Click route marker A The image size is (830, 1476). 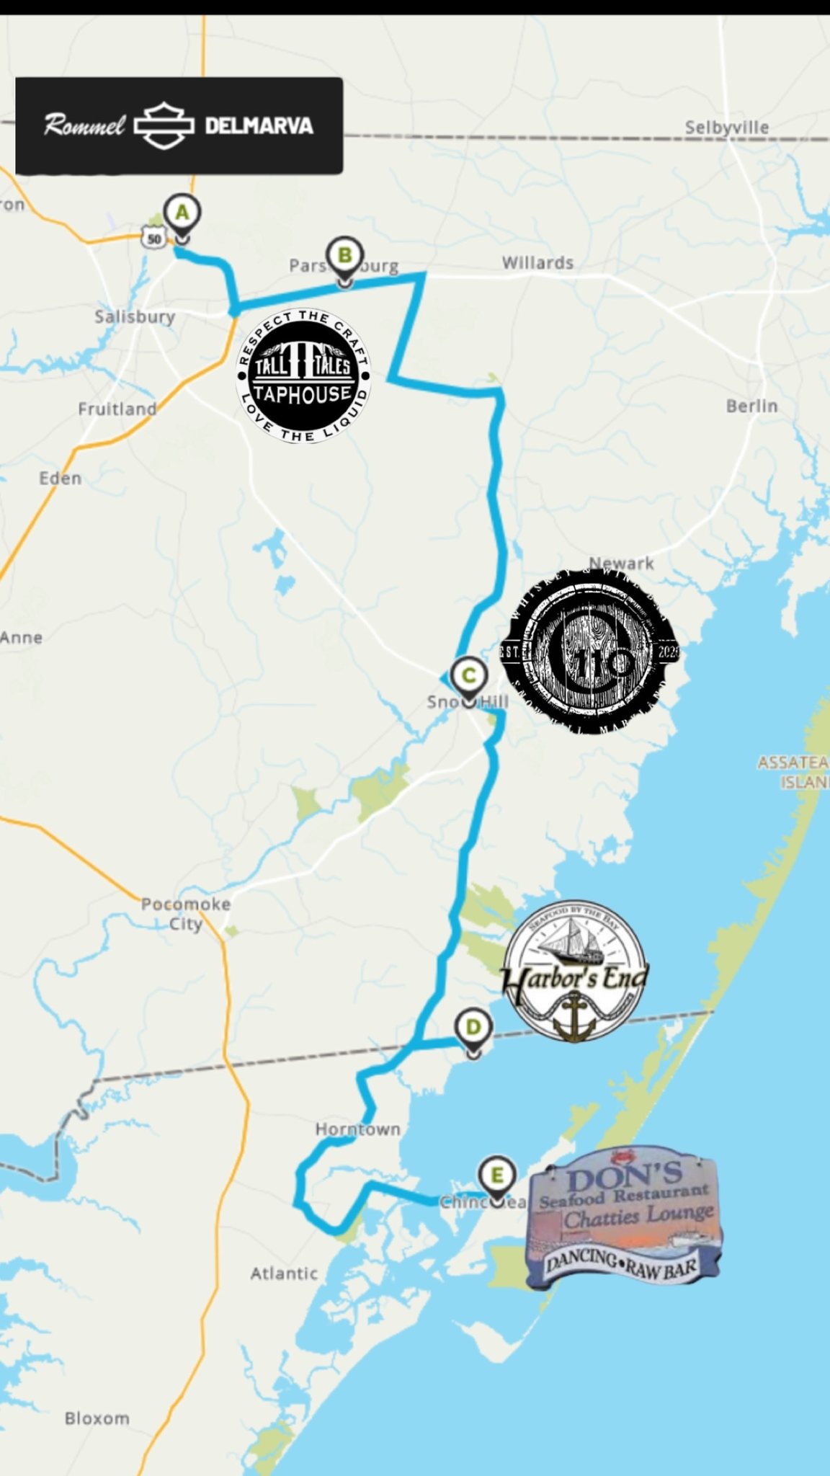(182, 213)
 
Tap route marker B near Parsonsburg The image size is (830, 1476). (344, 256)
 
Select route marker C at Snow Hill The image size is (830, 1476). (468, 676)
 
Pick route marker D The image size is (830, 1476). (473, 1027)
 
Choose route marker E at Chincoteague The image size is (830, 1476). (496, 1175)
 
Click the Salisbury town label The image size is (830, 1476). (135, 316)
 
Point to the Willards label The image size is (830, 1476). (537, 263)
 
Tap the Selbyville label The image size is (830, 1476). (726, 128)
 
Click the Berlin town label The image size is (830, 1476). (751, 406)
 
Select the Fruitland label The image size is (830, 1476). (117, 409)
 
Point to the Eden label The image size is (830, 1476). (60, 479)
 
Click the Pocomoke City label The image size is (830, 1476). (186, 913)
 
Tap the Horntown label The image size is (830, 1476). (357, 1129)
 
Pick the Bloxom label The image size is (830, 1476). (97, 1418)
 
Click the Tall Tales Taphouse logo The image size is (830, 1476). (303, 375)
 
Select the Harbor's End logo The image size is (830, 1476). (574, 970)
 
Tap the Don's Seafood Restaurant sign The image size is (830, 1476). (624, 1217)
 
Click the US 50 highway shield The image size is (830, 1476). (153, 237)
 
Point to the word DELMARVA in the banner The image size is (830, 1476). (259, 126)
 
